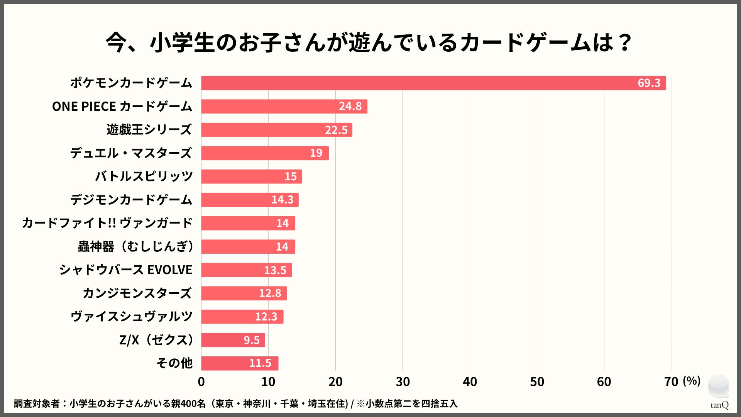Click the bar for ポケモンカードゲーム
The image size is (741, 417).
425,83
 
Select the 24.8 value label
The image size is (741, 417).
350,106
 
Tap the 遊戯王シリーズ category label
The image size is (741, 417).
149,129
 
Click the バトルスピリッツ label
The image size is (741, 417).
144,176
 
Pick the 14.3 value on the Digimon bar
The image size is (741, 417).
282,200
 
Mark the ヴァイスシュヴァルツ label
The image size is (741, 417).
131,316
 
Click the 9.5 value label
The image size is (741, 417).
251,340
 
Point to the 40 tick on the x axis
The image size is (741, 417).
470,382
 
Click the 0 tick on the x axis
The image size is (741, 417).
201,382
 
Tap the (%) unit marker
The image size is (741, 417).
692,381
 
